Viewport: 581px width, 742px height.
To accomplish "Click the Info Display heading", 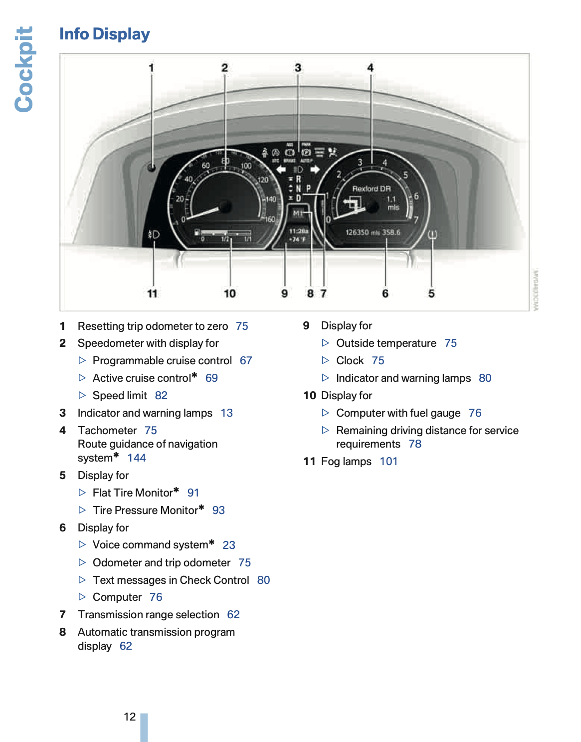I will pyautogui.click(x=104, y=34).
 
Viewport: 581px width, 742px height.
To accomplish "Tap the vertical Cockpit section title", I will pyautogui.click(x=24, y=69).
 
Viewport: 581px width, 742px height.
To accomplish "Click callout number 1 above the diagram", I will pyautogui.click(x=151, y=68).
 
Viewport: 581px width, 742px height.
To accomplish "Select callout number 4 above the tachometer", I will pyautogui.click(x=370, y=67).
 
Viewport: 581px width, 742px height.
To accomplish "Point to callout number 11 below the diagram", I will pyautogui.click(x=152, y=293).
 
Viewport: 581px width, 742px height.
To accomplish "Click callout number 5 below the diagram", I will pyautogui.click(x=431, y=293).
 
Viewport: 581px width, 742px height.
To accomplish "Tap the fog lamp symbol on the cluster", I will pyautogui.click(x=154, y=234).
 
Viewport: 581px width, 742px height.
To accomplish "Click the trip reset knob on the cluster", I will pyautogui.click(x=152, y=168).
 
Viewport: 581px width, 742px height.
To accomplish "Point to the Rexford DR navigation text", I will pyautogui.click(x=372, y=189).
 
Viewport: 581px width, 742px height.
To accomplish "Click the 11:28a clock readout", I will pyautogui.click(x=299, y=231).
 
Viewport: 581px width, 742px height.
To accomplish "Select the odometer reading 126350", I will pyautogui.click(x=357, y=233).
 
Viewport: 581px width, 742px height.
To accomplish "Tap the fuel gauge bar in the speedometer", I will pyautogui.click(x=224, y=233).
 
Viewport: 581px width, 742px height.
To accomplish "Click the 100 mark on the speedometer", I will pyautogui.click(x=246, y=166).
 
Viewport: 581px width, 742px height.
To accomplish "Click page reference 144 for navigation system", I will pyautogui.click(x=136, y=458).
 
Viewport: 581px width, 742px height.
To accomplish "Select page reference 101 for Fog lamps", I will pyautogui.click(x=388, y=462).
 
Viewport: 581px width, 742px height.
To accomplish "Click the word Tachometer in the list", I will pyautogui.click(x=107, y=431).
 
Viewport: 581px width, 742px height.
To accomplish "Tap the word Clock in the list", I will pyautogui.click(x=350, y=361).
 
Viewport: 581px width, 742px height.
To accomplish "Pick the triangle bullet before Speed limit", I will pyautogui.click(x=82, y=396).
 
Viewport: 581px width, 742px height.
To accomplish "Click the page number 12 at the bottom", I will pyautogui.click(x=130, y=717).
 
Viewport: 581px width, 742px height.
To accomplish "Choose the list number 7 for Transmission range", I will pyautogui.click(x=62, y=615).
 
